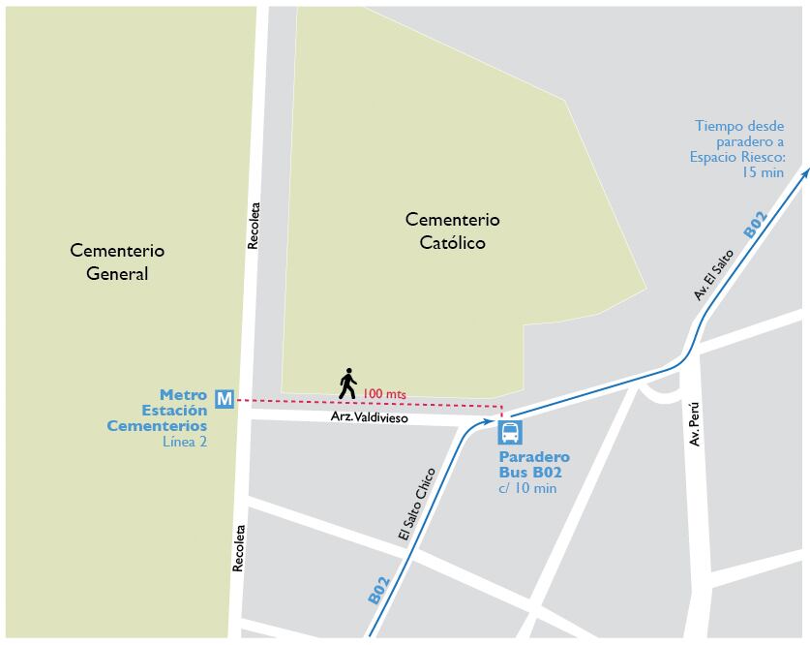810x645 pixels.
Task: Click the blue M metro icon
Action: (225, 398)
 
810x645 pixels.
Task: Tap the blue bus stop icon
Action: (510, 432)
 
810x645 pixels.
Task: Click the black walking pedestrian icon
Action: (347, 384)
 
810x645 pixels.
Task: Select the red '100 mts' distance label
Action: (384, 394)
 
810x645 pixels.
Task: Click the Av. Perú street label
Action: (692, 424)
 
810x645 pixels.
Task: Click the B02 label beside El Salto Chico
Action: (378, 591)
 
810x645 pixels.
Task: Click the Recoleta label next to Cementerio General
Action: (254, 226)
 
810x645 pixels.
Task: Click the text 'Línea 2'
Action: (185, 442)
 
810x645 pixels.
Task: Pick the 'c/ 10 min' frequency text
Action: (527, 488)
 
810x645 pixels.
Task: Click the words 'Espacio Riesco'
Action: (736, 156)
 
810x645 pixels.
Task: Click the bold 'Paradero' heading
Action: (534, 456)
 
